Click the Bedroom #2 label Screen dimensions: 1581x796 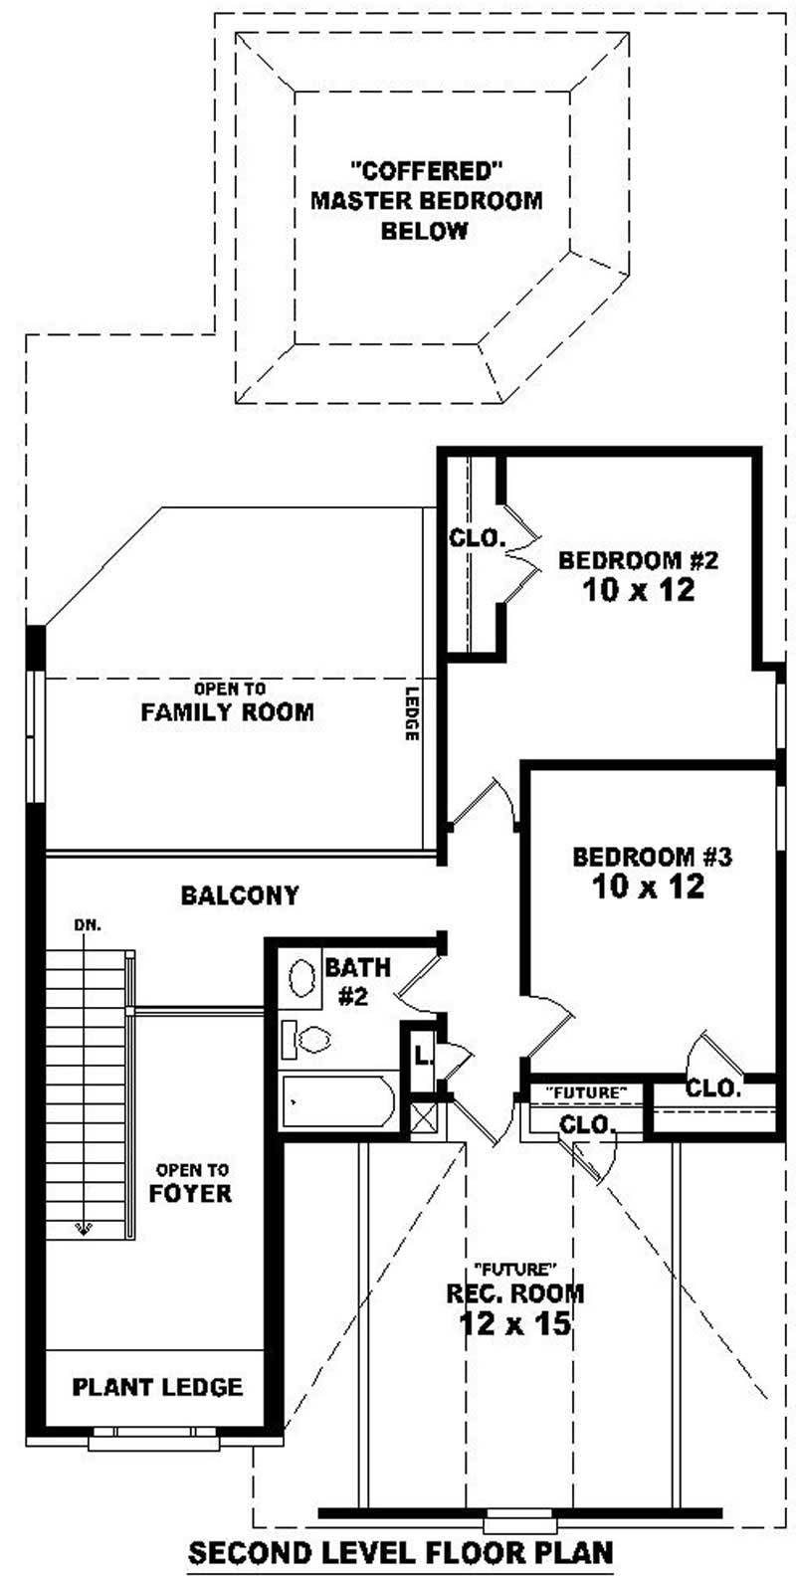638,560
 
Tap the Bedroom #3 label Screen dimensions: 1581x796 652,856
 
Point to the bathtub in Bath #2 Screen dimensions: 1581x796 337,1100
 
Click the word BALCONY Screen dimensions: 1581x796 240,895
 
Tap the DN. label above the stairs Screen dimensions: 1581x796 88,925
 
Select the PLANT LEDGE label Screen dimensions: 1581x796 157,1386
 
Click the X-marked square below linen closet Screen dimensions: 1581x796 423,1118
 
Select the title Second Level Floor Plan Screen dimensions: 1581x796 401,1552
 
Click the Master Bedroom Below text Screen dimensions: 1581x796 427,200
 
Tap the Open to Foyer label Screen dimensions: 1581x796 190,1182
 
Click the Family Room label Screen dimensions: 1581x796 227,712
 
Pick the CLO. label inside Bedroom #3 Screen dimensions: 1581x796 713,1087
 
